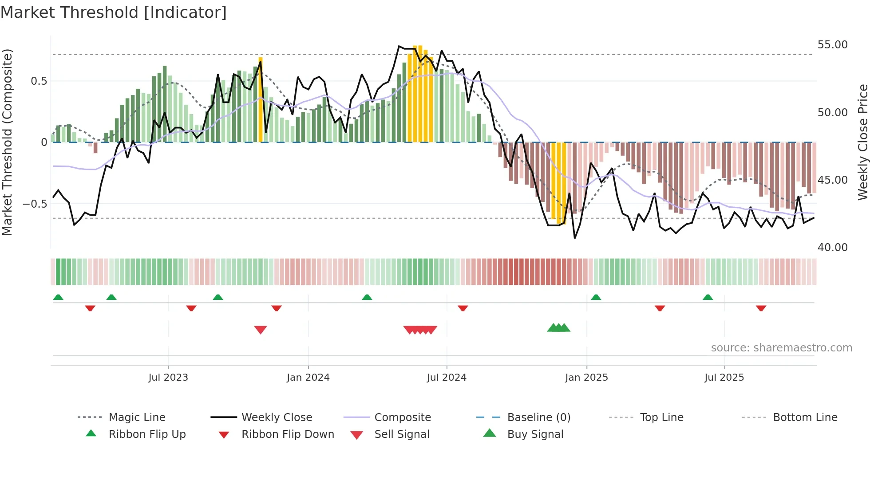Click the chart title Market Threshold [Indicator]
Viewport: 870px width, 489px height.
click(114, 12)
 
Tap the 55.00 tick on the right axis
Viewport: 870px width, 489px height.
click(832, 45)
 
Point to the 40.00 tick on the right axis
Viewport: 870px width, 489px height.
click(832, 248)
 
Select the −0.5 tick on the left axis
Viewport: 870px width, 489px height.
click(35, 204)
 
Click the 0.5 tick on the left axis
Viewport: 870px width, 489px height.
click(39, 81)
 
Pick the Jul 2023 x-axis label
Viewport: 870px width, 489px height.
click(168, 378)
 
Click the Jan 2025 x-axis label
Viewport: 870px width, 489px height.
click(586, 378)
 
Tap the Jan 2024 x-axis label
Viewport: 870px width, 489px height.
click(308, 378)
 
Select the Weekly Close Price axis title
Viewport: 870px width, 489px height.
click(862, 142)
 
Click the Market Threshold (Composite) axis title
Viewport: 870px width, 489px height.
click(7, 142)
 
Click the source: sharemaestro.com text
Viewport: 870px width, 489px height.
click(781, 348)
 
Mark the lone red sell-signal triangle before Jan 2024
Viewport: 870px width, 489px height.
click(261, 330)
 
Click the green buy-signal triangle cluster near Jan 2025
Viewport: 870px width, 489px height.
click(558, 328)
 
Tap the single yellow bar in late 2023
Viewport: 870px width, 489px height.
click(261, 100)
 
